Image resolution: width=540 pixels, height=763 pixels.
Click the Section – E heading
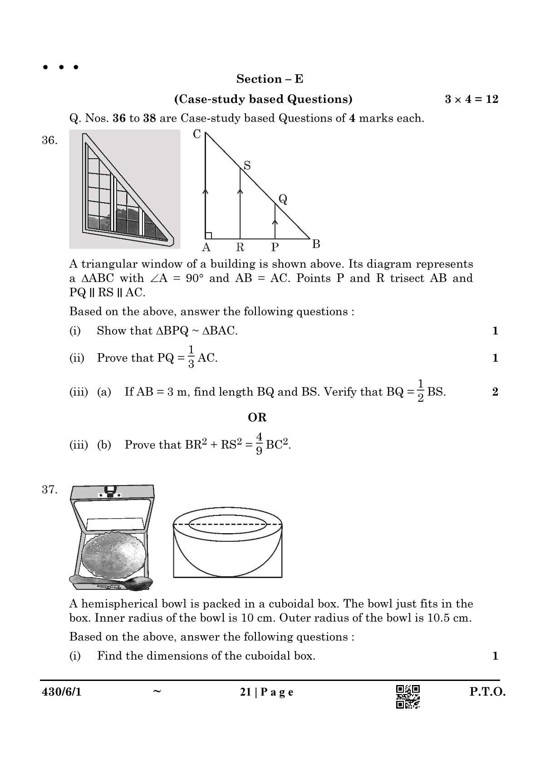(270, 79)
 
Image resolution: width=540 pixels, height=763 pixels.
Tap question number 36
(49, 140)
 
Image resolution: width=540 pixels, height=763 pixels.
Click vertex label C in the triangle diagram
(197, 134)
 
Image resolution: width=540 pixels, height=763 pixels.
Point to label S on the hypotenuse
(247, 165)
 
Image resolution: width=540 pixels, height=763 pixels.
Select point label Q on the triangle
(283, 199)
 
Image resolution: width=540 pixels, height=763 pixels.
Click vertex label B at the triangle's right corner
(316, 244)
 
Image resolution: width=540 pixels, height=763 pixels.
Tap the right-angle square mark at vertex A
(208, 235)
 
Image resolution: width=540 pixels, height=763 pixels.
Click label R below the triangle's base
(240, 247)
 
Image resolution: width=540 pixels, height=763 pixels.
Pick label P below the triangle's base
(275, 247)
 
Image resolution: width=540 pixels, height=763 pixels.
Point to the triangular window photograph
(124, 189)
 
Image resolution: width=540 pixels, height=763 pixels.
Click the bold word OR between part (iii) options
(257, 418)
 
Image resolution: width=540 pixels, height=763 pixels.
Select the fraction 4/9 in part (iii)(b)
(259, 444)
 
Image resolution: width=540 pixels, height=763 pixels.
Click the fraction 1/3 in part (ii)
(191, 357)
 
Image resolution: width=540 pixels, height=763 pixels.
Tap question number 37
(49, 490)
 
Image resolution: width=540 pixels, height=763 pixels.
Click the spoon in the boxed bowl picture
(111, 583)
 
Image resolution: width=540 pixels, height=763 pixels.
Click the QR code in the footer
(407, 696)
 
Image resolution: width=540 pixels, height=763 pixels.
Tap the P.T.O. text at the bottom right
(487, 692)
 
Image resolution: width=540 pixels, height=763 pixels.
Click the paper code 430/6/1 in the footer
(62, 692)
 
